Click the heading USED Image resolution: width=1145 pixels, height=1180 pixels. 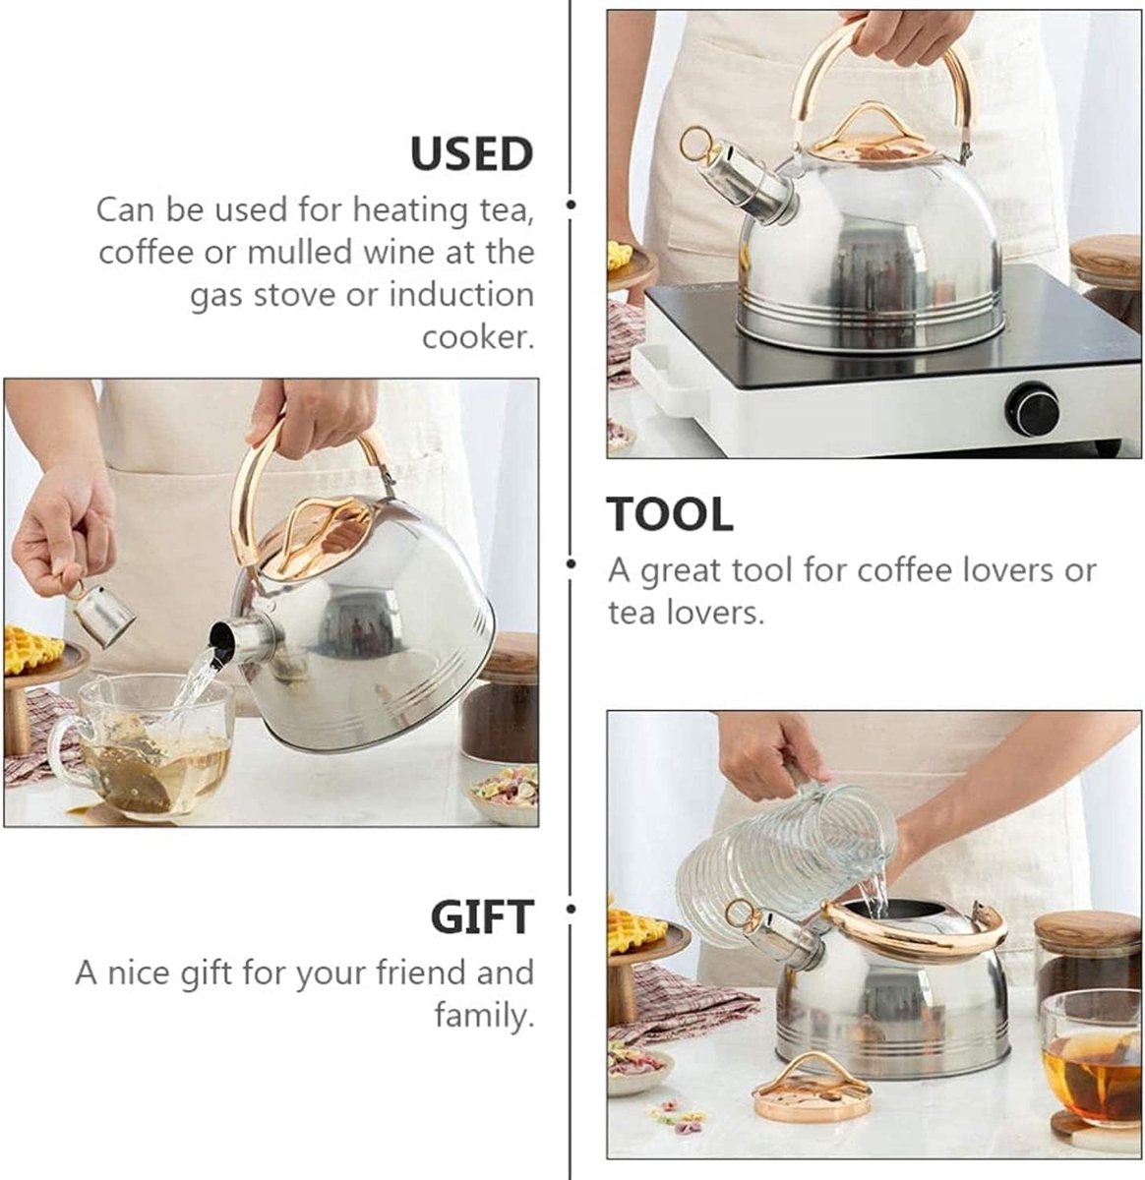tap(472, 154)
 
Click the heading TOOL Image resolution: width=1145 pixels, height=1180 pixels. tap(670, 514)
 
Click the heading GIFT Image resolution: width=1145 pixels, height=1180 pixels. tap(482, 916)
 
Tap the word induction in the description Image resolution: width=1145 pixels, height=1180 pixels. tap(461, 295)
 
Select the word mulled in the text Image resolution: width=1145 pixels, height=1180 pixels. tap(299, 252)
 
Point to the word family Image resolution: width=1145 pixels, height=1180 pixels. tap(483, 1015)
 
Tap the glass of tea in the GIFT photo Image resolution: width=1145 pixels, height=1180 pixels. tap(1091, 1062)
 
